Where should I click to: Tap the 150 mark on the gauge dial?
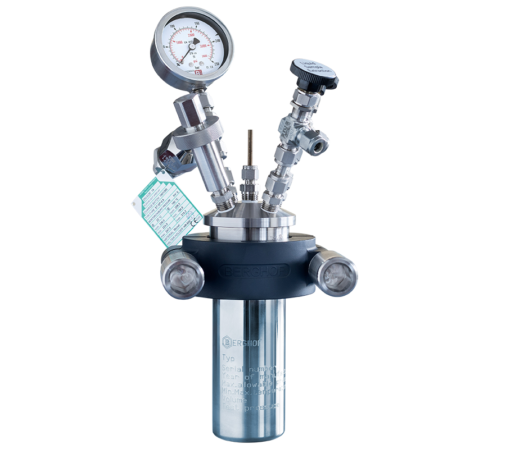[x=197, y=23]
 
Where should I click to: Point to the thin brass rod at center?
[x=247, y=148]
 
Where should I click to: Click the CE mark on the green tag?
[x=190, y=222]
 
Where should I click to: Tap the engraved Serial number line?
[x=253, y=368]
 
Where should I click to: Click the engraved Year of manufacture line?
[x=253, y=377]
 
